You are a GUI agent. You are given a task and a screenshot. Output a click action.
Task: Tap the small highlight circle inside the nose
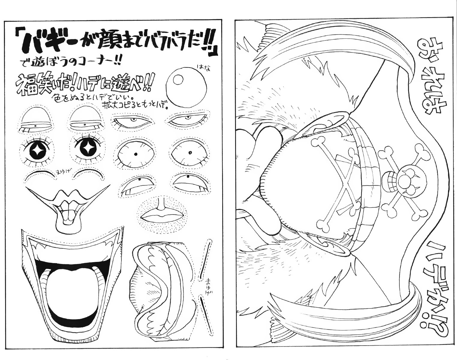pyautogui.click(x=178, y=79)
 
